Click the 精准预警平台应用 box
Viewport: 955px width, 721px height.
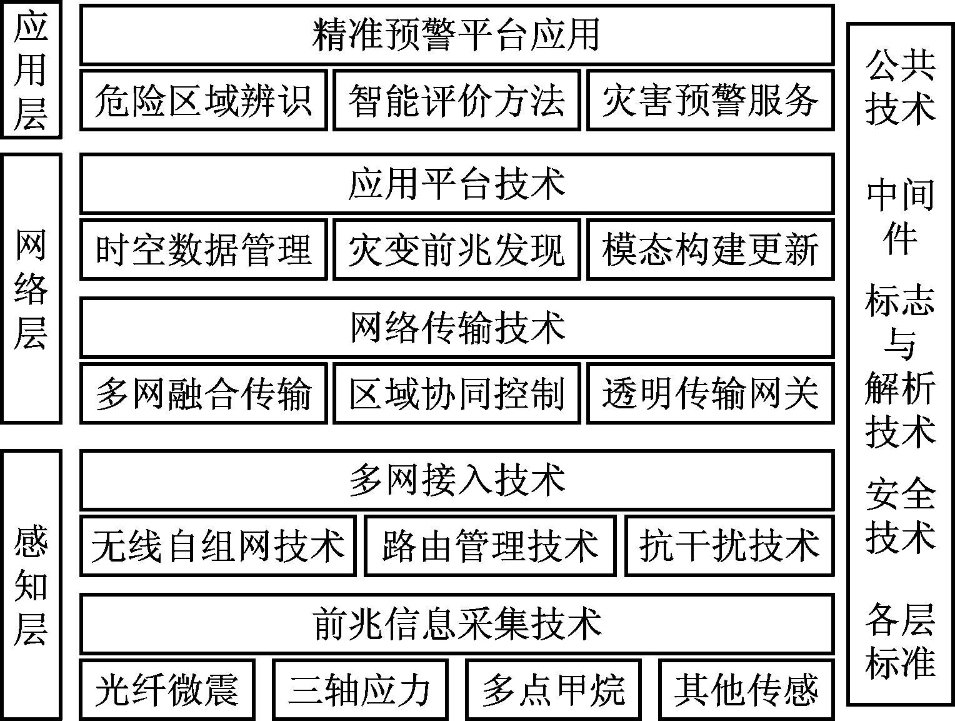coord(457,35)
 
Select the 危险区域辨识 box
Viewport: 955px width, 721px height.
coord(203,100)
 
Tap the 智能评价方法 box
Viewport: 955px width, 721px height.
coord(457,100)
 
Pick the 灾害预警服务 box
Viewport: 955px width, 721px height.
coord(711,100)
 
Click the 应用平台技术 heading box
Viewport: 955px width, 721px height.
coord(457,184)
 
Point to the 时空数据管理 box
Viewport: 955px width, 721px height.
coord(203,250)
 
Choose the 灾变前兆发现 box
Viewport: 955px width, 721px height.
coord(457,250)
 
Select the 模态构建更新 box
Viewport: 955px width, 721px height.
coord(711,250)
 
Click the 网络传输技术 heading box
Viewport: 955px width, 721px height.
coord(457,328)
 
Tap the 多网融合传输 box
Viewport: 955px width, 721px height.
coord(203,393)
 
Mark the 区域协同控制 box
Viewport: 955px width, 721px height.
coord(457,393)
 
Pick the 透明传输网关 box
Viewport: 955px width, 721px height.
coord(711,393)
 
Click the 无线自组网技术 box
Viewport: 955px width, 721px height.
coord(218,546)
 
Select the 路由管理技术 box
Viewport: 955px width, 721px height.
coord(491,546)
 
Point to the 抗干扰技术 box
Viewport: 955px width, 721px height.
coord(729,546)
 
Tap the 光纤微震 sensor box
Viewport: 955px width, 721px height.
coord(167,690)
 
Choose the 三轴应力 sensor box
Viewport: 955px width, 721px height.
coord(360,690)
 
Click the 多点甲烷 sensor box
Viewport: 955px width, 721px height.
coord(553,690)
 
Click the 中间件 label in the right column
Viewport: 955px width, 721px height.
coord(900,216)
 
